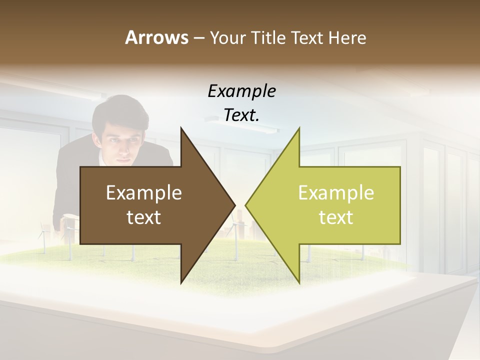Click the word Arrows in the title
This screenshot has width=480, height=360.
click(156, 37)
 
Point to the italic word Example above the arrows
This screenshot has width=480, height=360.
click(241, 91)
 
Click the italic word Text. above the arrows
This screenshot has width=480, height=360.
click(241, 115)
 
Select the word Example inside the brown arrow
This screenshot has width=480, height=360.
click(144, 192)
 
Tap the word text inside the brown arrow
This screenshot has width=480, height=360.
click(144, 217)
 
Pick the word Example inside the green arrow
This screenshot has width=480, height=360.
click(336, 192)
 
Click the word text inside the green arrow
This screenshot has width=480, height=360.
click(336, 217)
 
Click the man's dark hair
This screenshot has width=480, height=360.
click(112, 112)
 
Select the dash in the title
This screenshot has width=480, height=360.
click(198, 38)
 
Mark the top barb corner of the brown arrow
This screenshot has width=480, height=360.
click(181, 128)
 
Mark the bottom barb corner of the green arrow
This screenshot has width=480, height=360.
click(299, 282)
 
